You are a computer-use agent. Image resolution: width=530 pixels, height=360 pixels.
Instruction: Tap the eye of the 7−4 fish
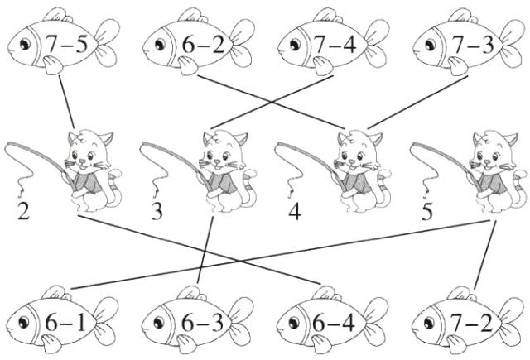point(295,44)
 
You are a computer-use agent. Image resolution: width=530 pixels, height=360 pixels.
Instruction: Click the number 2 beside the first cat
point(23,212)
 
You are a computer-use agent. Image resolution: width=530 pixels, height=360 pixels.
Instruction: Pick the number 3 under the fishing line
point(157,212)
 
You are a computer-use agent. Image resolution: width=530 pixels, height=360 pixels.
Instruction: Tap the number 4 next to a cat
point(295,212)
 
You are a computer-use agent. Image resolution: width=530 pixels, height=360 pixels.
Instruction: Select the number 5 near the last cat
point(427,212)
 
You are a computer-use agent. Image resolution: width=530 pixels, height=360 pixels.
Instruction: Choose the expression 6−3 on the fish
point(202,324)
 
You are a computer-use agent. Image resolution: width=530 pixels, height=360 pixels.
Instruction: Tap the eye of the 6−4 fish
point(293,322)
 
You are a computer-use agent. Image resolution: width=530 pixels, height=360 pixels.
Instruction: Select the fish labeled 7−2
point(467,320)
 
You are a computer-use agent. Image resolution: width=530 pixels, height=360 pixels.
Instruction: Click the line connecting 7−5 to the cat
point(66,101)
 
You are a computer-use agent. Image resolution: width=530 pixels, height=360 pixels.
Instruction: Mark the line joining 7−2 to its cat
point(484,255)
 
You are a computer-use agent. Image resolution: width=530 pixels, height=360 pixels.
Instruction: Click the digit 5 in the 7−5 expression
point(81,44)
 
